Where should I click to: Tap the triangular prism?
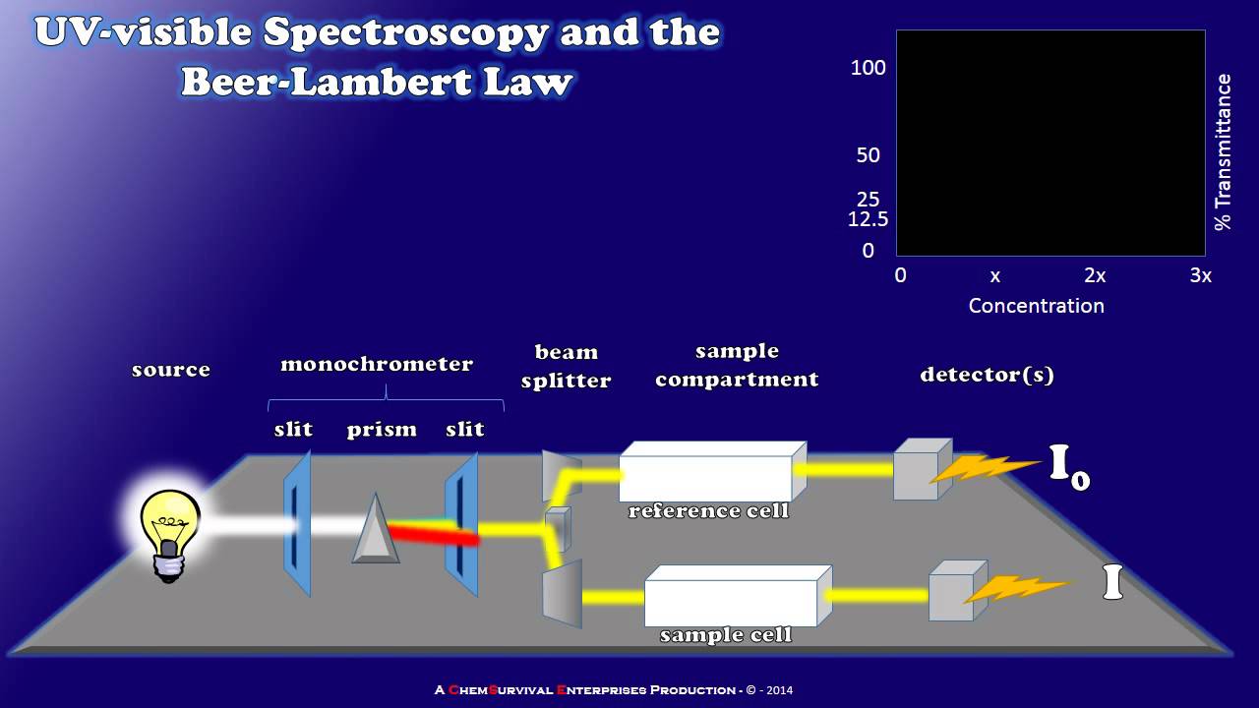(376, 532)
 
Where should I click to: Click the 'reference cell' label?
(708, 510)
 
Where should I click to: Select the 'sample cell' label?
(725, 635)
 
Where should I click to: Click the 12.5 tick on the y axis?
(868, 219)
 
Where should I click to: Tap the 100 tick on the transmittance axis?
(868, 68)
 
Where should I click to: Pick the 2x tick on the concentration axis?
(1095, 276)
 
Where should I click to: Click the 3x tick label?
(1200, 276)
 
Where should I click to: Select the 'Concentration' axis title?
(1036, 306)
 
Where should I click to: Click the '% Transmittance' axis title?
(1223, 152)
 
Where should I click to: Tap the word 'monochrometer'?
(377, 364)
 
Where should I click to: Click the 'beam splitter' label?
(566, 366)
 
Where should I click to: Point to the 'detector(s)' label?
(987, 375)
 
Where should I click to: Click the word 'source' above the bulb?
(171, 370)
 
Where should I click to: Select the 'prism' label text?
(382, 430)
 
